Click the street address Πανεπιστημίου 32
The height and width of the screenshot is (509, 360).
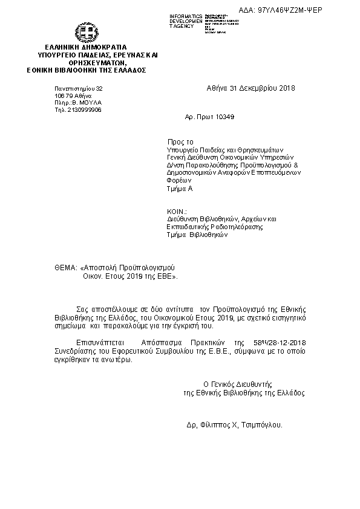[x=79, y=89]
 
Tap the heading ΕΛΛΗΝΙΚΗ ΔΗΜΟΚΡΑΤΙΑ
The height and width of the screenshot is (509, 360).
[x=85, y=47]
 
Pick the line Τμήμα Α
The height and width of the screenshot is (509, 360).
[x=180, y=189]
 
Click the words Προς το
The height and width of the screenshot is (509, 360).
[x=180, y=140]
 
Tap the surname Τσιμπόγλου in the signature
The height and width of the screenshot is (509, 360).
[x=263, y=425]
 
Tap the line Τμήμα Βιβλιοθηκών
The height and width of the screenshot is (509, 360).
[x=197, y=236]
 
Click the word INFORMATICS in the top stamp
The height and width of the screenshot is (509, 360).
[x=186, y=15]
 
